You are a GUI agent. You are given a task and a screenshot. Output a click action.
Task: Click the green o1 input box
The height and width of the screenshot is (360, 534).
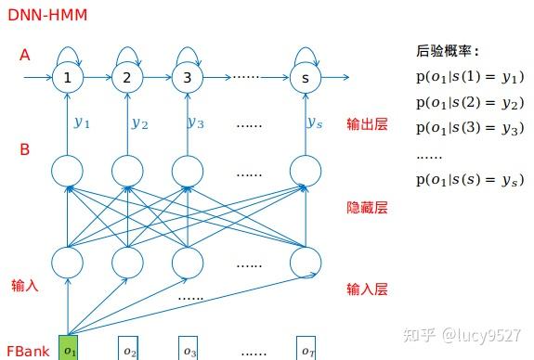click(x=69, y=349)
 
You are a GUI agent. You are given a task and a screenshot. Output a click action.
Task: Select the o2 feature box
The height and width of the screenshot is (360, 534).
click(x=129, y=350)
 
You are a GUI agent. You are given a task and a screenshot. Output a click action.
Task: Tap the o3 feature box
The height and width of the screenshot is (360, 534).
click(x=189, y=350)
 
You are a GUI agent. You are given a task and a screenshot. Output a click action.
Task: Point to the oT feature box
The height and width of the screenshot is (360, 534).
click(x=307, y=350)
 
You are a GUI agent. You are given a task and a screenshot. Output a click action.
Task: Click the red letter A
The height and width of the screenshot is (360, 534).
click(x=25, y=55)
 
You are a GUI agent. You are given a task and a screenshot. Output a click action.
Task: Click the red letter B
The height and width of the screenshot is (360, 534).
click(x=25, y=148)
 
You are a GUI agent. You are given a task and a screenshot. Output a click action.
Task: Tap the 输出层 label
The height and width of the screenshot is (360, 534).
click(x=367, y=123)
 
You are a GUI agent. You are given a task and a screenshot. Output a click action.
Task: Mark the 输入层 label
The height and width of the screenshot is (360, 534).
click(x=367, y=289)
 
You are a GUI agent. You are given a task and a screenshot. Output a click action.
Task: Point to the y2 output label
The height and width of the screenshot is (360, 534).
click(x=139, y=122)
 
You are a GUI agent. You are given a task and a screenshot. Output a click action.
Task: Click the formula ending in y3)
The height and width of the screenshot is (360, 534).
click(x=469, y=128)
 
